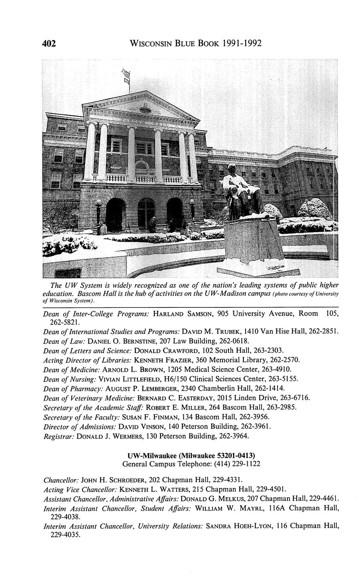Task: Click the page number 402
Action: [x=49, y=43]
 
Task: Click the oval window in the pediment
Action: [x=145, y=110]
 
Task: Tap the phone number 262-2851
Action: [x=324, y=331]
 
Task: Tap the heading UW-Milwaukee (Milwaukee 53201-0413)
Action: [x=191, y=455]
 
